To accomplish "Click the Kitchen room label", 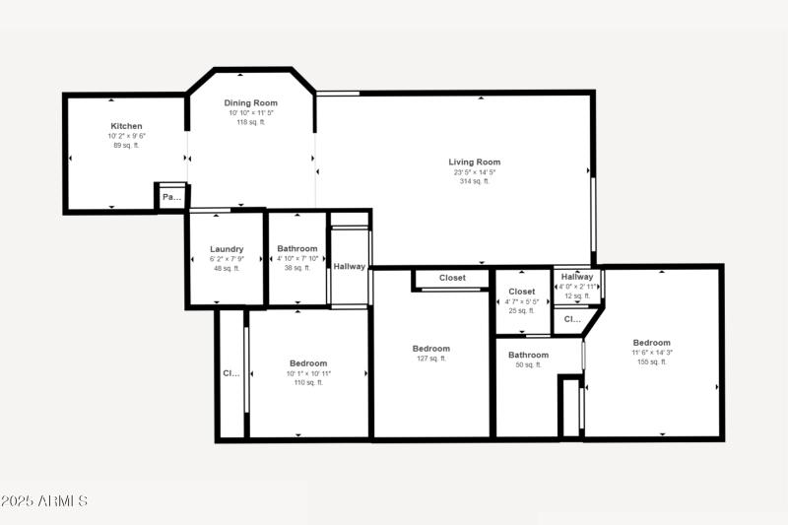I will [126, 126].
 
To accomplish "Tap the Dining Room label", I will [251, 102].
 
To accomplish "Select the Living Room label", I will [475, 162].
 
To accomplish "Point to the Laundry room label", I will [227, 249].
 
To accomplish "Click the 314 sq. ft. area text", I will [475, 181].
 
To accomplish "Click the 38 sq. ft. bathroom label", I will [297, 268].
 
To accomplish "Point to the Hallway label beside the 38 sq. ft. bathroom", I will [350, 266].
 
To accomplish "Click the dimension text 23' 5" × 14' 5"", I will [475, 171].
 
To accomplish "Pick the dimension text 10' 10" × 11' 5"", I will [251, 112].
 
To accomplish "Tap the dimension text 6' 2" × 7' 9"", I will [227, 258].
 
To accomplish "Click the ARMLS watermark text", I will [44, 501].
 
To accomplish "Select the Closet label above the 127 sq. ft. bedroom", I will [452, 278].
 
